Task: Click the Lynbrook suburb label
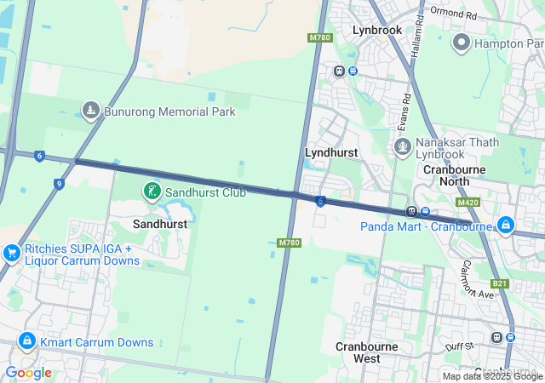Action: (x=377, y=30)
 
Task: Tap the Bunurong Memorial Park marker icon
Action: (x=91, y=111)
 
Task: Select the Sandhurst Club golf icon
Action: (x=151, y=192)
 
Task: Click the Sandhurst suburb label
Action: (x=160, y=223)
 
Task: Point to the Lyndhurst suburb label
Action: (x=330, y=152)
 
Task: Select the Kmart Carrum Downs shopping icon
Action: (x=27, y=342)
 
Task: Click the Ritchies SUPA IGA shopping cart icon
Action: (x=11, y=254)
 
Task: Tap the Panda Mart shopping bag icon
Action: (x=506, y=225)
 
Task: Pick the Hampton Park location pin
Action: (x=462, y=42)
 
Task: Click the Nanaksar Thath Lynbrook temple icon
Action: (x=403, y=146)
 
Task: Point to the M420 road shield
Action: (x=467, y=203)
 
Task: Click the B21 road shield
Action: (x=499, y=283)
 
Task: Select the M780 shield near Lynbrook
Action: (x=319, y=38)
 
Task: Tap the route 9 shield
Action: (x=58, y=183)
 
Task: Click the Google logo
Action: (x=28, y=373)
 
